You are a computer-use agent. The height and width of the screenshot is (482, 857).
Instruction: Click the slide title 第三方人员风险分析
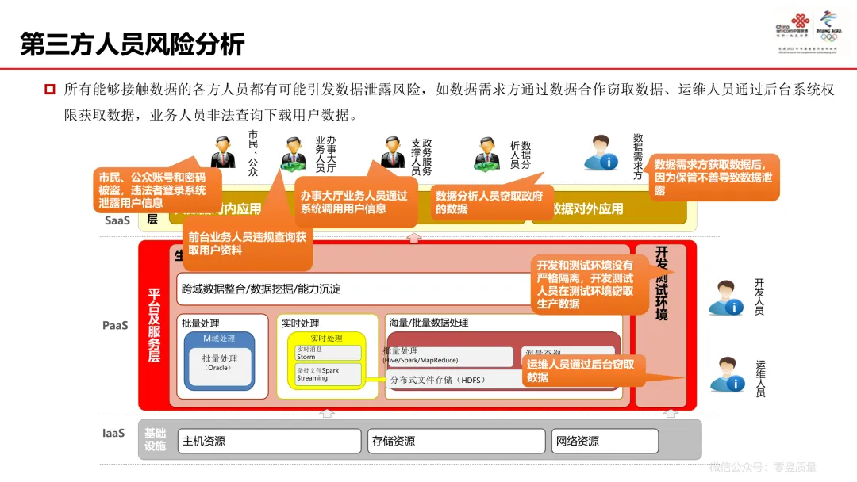click(x=133, y=44)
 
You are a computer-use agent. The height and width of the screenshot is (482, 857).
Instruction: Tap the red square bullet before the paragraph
click(x=49, y=89)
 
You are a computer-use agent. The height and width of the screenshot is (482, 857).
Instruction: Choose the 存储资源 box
click(x=456, y=441)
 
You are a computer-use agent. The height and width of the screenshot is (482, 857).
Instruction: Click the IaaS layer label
click(x=113, y=434)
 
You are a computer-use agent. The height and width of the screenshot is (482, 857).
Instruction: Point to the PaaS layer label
click(x=115, y=325)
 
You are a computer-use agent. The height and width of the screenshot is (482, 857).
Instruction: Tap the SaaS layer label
click(x=117, y=220)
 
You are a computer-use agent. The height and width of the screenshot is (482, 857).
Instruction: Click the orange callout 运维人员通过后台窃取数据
click(x=584, y=370)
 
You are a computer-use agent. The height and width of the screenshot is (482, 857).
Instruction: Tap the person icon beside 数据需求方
click(x=601, y=152)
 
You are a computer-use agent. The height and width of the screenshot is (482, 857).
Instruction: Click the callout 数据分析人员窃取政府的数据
click(x=490, y=203)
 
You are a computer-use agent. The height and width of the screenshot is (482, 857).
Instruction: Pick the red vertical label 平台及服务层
click(x=155, y=325)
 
